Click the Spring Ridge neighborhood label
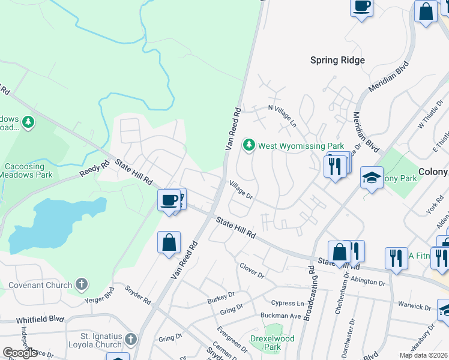click(x=337, y=60)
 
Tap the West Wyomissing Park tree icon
click(x=249, y=145)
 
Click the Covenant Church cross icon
click(x=82, y=284)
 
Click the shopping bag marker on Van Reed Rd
click(x=169, y=243)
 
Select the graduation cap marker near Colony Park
click(x=372, y=177)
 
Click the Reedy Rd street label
click(x=94, y=169)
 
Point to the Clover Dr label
click(x=252, y=271)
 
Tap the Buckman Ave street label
click(x=280, y=316)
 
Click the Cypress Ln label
click(x=288, y=304)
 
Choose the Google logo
click(x=20, y=352)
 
